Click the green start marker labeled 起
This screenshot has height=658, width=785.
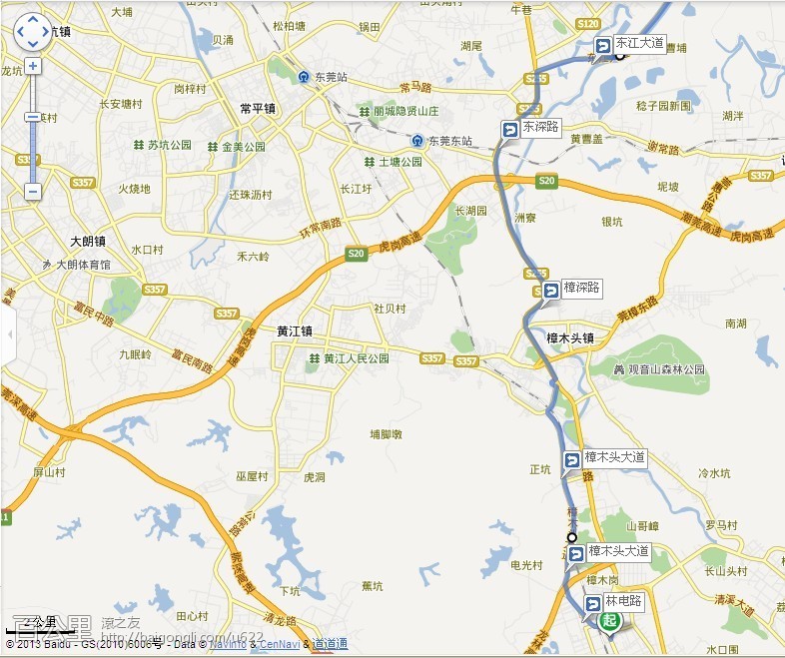609,621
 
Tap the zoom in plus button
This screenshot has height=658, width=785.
33,66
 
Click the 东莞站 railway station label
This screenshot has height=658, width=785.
331,76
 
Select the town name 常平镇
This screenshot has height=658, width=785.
258,108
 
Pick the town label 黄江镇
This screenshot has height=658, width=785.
295,331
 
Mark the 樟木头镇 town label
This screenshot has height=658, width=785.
570,338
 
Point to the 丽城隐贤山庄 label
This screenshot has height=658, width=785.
411,111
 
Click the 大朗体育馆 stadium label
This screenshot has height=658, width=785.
83,265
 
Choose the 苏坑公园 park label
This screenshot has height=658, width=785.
169,146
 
